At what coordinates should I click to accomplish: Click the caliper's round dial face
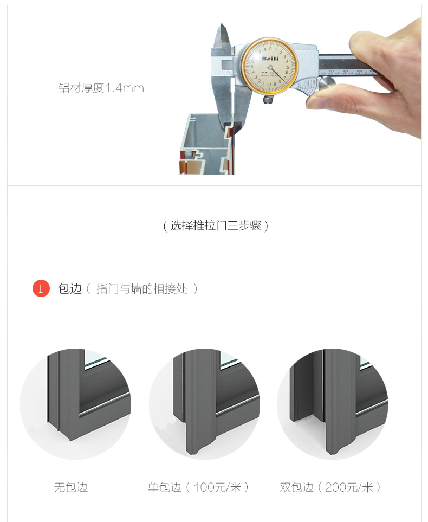[270, 66]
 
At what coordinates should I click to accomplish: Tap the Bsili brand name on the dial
[270, 59]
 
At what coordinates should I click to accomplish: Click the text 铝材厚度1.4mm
[101, 88]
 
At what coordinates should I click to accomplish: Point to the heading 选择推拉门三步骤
[216, 225]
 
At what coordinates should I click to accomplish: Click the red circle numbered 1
[41, 288]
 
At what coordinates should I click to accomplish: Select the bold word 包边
[70, 288]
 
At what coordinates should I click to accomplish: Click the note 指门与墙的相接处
[142, 288]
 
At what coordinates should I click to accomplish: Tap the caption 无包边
[70, 487]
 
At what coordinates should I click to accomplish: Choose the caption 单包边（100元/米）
[198, 487]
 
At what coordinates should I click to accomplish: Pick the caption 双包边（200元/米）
[330, 487]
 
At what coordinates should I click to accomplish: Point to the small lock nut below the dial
[269, 99]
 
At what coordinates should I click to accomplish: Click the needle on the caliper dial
[276, 74]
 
